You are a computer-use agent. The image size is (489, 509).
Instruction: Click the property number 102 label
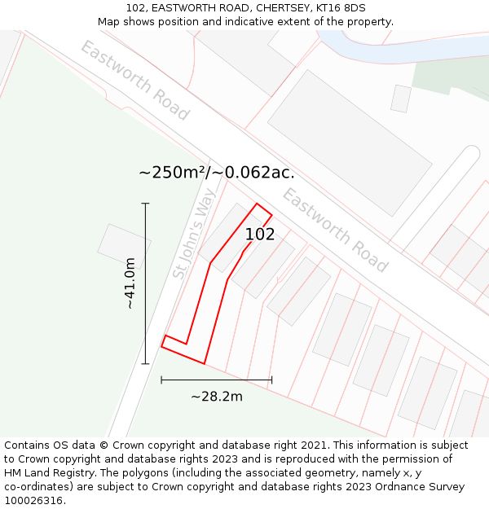click(260, 235)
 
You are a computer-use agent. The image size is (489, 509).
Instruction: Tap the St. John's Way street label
click(195, 233)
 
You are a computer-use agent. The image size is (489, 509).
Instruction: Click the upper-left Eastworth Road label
click(134, 80)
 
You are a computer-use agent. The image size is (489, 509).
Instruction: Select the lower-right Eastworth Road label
click(335, 229)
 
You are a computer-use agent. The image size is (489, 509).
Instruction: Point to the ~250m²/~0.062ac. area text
click(216, 173)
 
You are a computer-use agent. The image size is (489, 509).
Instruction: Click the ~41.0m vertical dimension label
click(130, 283)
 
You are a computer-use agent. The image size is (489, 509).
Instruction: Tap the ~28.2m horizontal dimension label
click(217, 397)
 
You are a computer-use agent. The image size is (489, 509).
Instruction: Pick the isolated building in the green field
click(124, 246)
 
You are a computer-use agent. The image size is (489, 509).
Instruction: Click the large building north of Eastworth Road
click(350, 143)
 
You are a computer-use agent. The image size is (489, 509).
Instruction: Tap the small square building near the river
click(400, 99)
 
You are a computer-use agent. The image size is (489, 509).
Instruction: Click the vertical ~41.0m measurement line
click(145, 283)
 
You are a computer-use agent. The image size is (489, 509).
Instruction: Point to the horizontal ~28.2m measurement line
click(217, 379)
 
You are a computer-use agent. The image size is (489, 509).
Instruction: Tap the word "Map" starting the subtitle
click(109, 22)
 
